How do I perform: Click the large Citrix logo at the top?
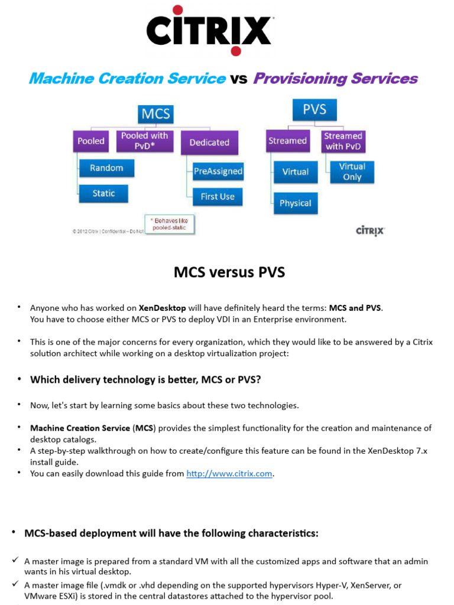point(209,31)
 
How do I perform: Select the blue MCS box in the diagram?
point(155,114)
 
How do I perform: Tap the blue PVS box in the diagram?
point(314,109)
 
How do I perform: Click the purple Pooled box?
point(90,141)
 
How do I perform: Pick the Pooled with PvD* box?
point(145,141)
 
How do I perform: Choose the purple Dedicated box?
point(209,143)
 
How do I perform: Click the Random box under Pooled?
point(106,168)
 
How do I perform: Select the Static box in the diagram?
point(103,193)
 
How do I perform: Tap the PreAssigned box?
point(218,171)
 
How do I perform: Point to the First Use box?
point(218,197)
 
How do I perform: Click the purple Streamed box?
point(288,141)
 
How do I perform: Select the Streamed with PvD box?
point(343,141)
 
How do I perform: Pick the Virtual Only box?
point(352,172)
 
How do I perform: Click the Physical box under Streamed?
point(296,203)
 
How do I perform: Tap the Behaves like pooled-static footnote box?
point(170,224)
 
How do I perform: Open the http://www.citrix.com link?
point(229,473)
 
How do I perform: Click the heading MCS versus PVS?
point(229,272)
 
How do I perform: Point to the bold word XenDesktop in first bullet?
point(162,308)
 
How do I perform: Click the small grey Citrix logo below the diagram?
point(370,231)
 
